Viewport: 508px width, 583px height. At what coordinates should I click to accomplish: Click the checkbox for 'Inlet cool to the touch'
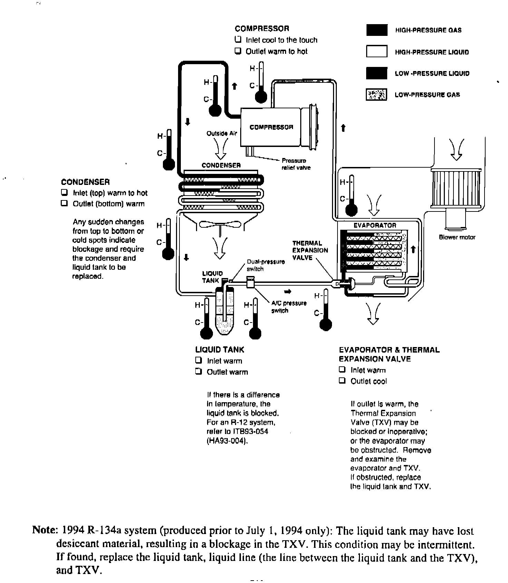pyautogui.click(x=238, y=40)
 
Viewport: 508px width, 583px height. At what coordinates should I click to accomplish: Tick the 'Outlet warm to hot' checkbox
pyautogui.click(x=238, y=51)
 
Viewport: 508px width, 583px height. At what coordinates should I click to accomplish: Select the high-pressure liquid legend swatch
pyautogui.click(x=377, y=51)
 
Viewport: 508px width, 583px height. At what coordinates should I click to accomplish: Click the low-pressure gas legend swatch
pyautogui.click(x=377, y=94)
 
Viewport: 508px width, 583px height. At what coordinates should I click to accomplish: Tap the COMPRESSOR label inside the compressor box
pyautogui.click(x=271, y=127)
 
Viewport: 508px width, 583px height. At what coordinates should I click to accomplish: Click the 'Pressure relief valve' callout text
pyautogui.click(x=296, y=164)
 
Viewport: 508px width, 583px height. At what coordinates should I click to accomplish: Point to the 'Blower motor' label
pyautogui.click(x=457, y=237)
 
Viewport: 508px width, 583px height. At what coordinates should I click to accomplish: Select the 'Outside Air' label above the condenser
pyautogui.click(x=222, y=133)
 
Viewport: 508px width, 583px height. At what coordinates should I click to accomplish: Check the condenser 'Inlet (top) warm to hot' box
pyautogui.click(x=64, y=192)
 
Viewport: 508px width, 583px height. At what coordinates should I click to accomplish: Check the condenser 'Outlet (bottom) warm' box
pyautogui.click(x=64, y=203)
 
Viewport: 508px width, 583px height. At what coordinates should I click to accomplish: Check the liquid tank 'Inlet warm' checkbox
pyautogui.click(x=198, y=360)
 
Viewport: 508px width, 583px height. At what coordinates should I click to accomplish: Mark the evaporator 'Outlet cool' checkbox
pyautogui.click(x=342, y=381)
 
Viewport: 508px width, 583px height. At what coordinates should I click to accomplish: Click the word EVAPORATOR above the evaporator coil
pyautogui.click(x=375, y=225)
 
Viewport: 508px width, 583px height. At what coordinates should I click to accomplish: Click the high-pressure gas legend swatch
pyautogui.click(x=377, y=30)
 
